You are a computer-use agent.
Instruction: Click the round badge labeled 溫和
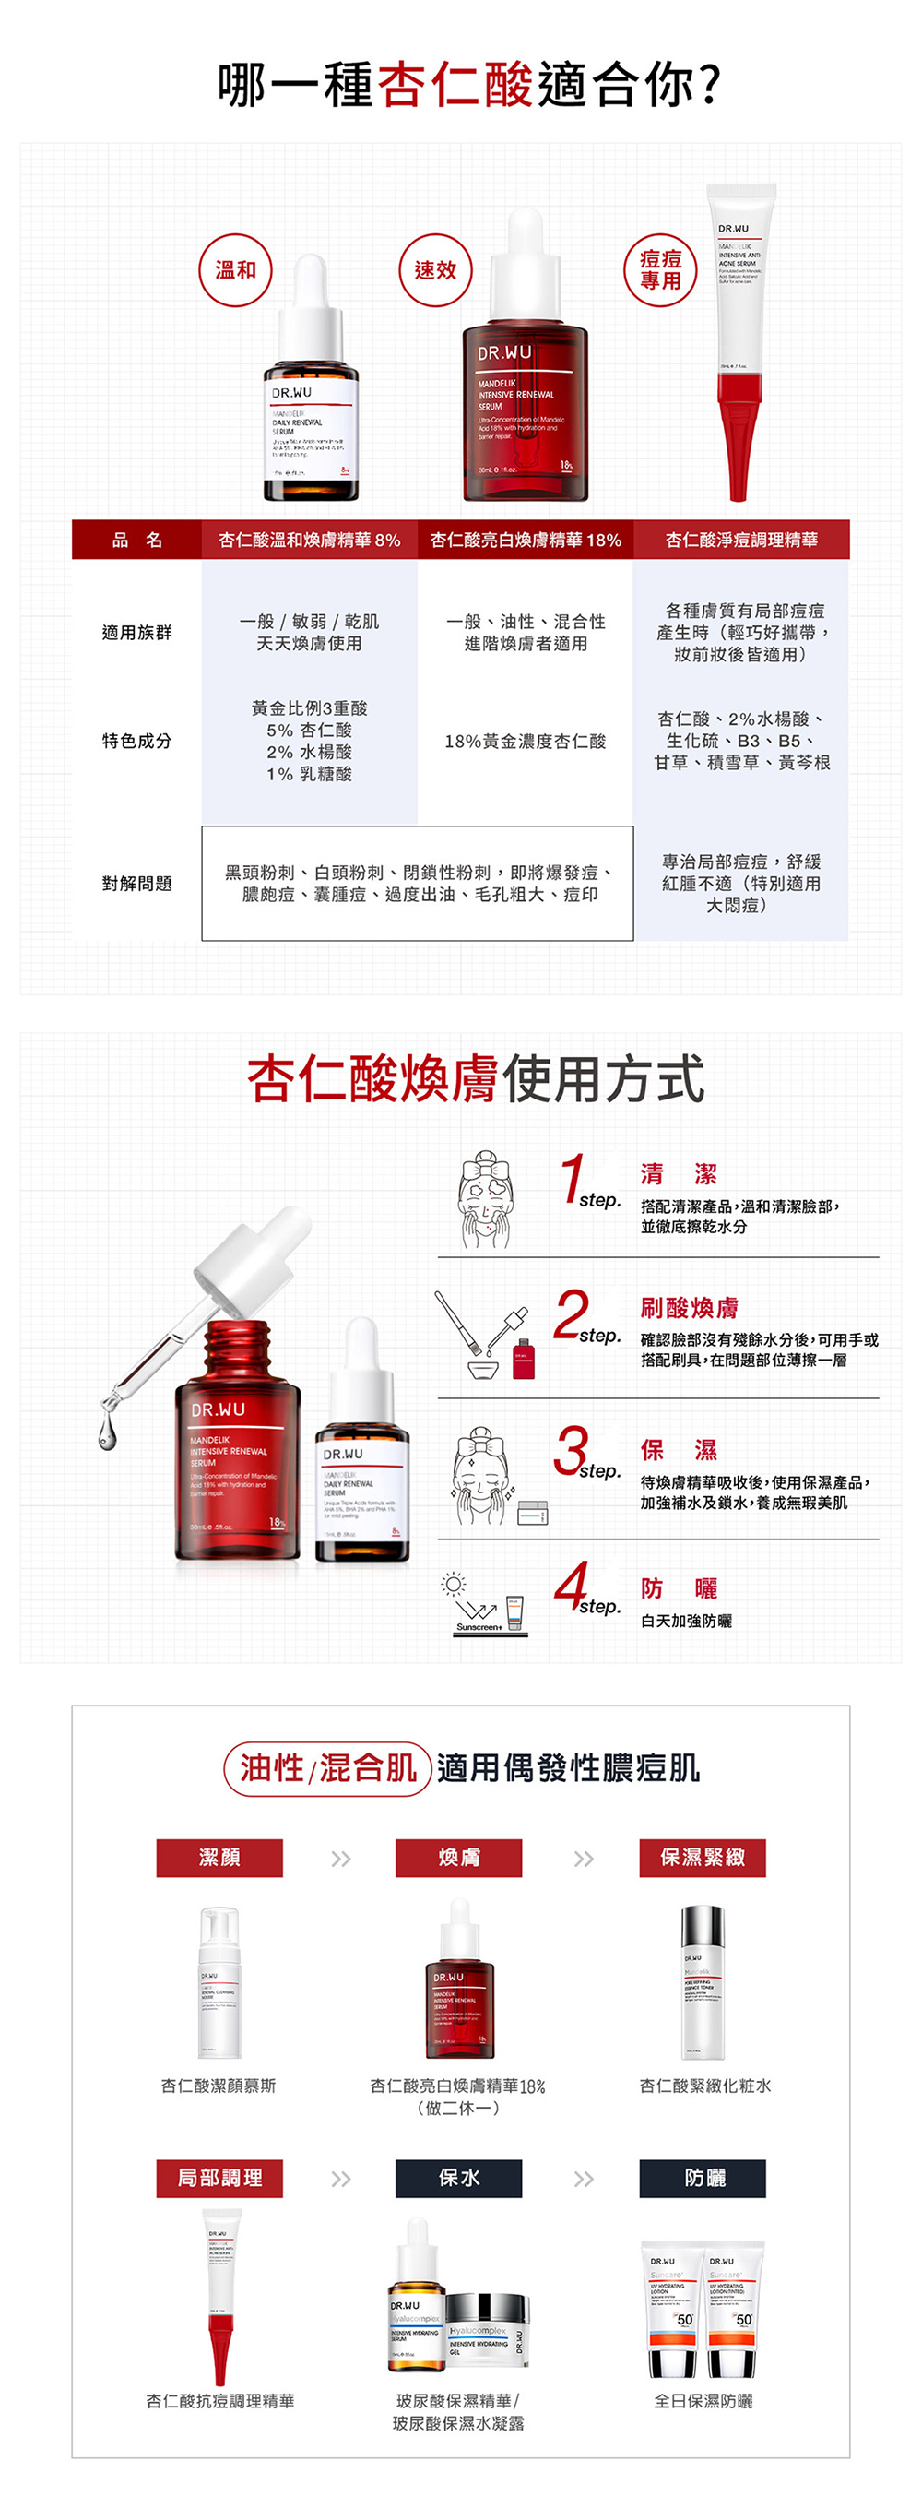click(x=236, y=270)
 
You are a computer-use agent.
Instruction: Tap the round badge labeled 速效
click(x=435, y=270)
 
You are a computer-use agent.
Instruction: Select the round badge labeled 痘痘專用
click(x=660, y=269)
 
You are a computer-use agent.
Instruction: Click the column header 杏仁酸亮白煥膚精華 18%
click(x=525, y=540)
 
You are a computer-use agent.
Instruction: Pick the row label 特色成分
click(x=136, y=741)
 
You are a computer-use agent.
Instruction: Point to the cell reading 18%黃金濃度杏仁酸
click(x=525, y=741)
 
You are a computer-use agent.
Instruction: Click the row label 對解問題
click(x=136, y=883)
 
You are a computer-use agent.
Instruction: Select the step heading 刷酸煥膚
click(x=689, y=1308)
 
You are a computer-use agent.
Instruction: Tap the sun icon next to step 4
click(x=453, y=1585)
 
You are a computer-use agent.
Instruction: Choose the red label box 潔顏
click(x=219, y=1858)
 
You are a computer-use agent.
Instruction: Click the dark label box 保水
click(x=458, y=2178)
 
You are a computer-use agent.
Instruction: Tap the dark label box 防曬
click(x=702, y=2178)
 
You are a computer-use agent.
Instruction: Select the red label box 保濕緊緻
click(x=702, y=1858)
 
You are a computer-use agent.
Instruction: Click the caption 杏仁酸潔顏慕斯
click(x=219, y=2086)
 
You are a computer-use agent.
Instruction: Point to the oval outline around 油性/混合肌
click(x=328, y=1768)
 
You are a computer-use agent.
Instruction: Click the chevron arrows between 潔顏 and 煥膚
click(x=340, y=1860)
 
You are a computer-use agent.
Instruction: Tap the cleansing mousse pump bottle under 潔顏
click(x=219, y=1981)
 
